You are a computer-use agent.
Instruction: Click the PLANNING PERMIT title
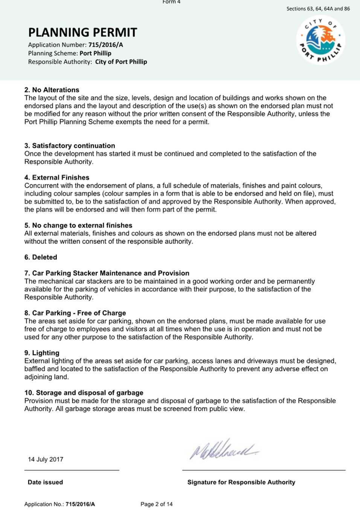click(82, 32)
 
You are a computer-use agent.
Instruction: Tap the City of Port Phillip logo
click(320, 40)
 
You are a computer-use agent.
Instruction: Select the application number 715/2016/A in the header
click(106, 45)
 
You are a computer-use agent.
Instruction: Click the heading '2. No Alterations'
click(52, 90)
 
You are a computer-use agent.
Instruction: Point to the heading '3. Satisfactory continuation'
click(70, 145)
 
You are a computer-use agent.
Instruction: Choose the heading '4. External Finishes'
click(57, 178)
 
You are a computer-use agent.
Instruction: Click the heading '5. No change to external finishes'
click(78, 225)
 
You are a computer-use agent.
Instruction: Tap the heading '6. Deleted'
click(41, 257)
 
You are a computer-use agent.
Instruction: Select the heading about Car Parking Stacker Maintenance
click(107, 273)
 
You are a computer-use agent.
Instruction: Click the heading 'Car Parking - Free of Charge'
click(75, 313)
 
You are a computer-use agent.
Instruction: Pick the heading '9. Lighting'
click(42, 353)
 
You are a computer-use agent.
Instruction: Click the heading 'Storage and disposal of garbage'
click(84, 393)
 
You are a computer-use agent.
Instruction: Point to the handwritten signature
click(224, 449)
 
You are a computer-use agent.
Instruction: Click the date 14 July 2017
click(46, 459)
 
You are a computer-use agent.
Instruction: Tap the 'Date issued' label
click(45, 482)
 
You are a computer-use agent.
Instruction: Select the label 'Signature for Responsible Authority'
click(241, 482)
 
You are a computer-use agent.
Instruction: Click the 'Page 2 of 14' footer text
click(157, 504)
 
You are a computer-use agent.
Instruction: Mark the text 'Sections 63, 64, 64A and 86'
click(318, 9)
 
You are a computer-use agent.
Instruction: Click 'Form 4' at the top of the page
click(171, 2)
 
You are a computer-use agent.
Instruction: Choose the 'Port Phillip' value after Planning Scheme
click(95, 53)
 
